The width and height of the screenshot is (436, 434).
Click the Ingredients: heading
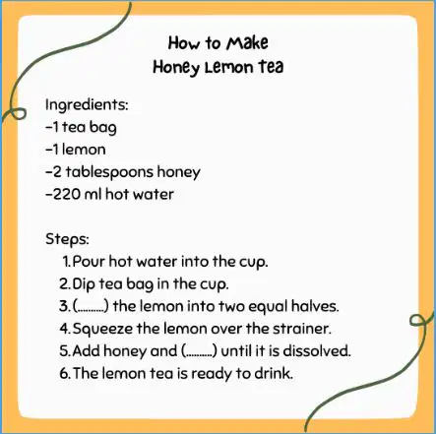[87, 105]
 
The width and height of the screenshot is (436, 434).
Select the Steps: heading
[67, 239]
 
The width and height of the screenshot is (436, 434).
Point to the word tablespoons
[109, 172]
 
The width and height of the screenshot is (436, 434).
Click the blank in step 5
[199, 351]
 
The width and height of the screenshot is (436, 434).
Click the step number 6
[64, 374]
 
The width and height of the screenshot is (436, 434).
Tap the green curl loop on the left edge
[14, 112]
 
